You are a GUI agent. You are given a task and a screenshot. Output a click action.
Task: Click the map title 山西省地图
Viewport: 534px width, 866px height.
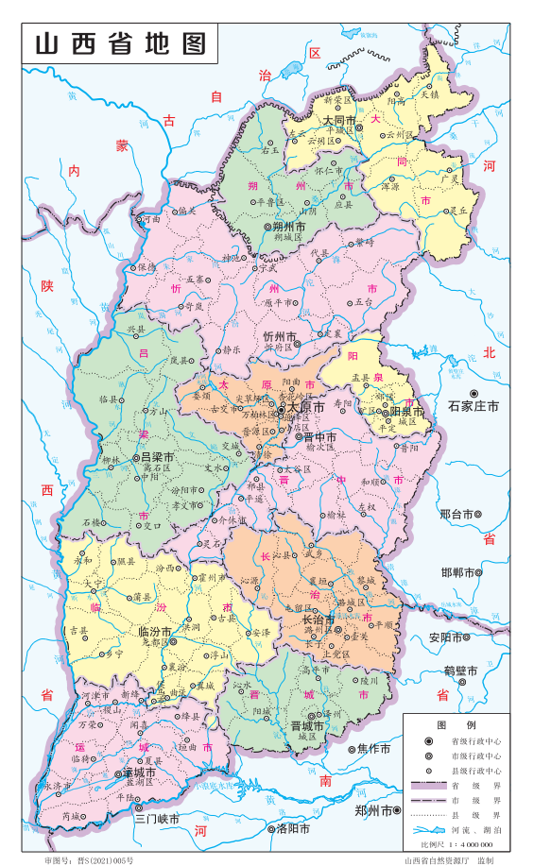(x=120, y=43)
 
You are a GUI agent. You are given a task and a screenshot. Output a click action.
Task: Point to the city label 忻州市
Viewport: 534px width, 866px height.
(x=280, y=337)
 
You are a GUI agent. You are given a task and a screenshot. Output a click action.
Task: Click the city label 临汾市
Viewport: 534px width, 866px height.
(x=155, y=631)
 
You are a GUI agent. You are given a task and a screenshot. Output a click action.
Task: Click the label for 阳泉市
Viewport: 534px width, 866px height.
(x=407, y=412)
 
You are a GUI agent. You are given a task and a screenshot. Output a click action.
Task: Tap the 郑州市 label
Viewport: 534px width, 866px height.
(x=373, y=810)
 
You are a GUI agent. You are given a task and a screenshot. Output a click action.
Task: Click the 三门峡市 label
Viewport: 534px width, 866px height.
(x=156, y=819)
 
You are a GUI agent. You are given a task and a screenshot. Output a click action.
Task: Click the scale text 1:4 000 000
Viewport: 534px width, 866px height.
(x=480, y=843)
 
